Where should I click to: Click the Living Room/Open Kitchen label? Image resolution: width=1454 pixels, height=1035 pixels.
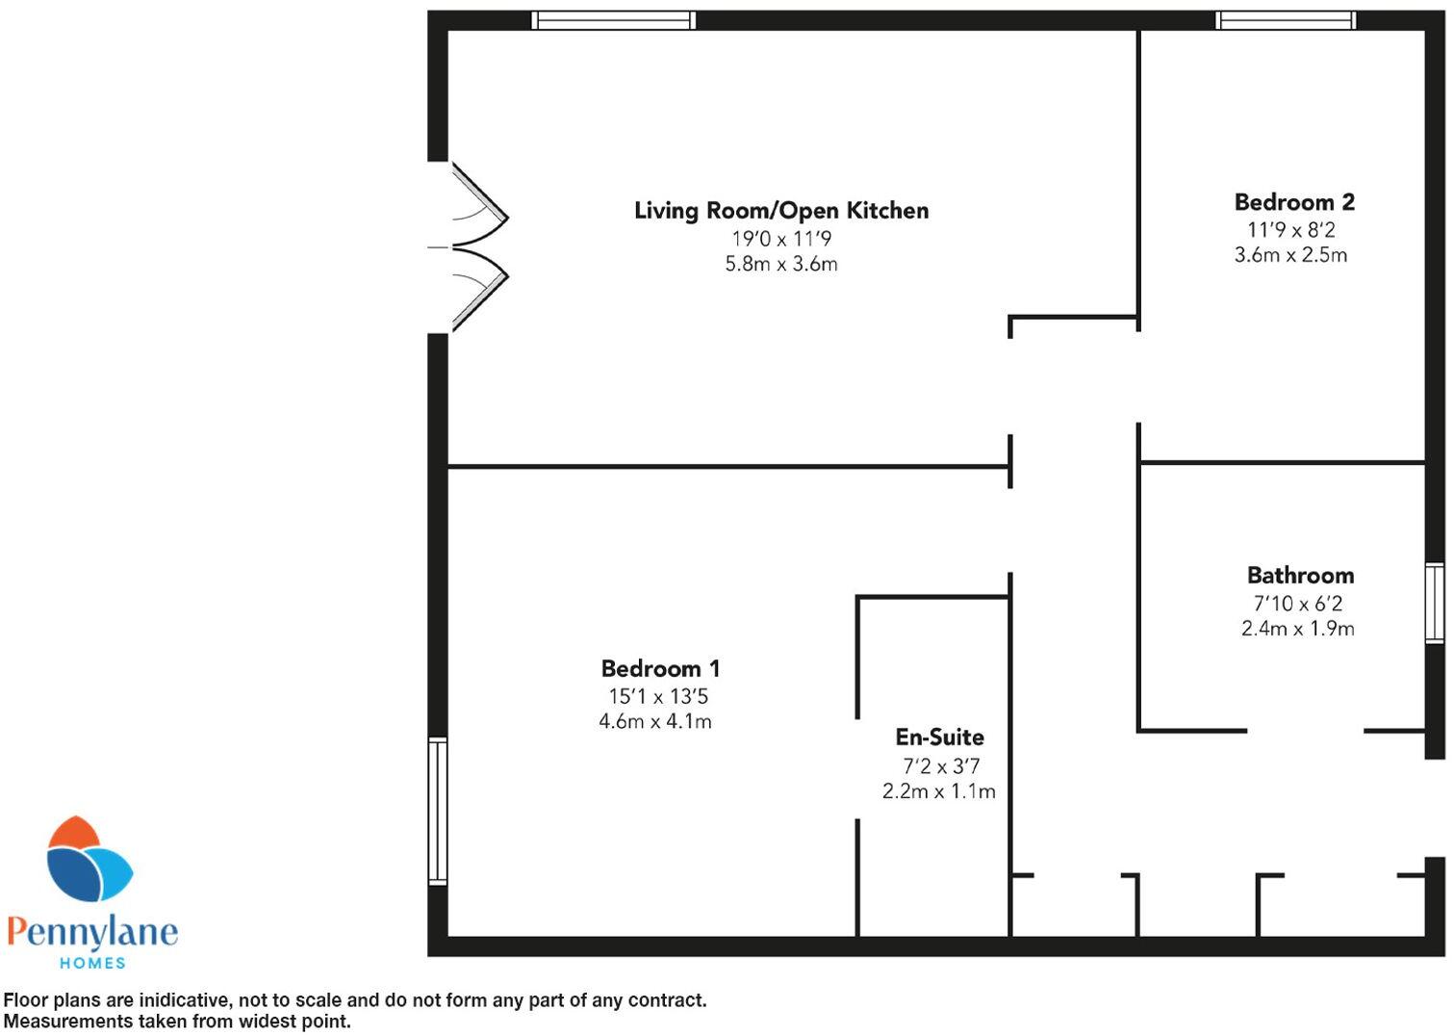point(781,211)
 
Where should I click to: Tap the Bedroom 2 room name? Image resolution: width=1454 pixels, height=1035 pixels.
point(1294,202)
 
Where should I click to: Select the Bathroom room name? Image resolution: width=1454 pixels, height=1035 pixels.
point(1300,576)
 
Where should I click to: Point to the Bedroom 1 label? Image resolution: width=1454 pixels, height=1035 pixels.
point(660,669)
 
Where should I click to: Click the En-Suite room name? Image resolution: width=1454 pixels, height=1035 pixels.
point(939,737)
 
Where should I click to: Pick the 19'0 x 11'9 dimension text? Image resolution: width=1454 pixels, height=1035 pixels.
point(781,239)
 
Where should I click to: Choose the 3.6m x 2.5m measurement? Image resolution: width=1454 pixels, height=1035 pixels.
point(1290,255)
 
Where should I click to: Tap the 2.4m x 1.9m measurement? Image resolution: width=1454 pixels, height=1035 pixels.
point(1297,629)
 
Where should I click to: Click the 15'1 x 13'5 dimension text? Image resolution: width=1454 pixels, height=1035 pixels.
point(658,697)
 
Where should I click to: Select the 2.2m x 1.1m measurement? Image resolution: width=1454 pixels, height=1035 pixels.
point(938,791)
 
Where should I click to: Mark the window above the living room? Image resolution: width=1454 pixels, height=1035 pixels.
point(613,20)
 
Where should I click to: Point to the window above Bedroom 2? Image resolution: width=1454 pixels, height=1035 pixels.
point(1285,20)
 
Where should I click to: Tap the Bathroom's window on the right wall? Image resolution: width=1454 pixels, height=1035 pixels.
point(1435,603)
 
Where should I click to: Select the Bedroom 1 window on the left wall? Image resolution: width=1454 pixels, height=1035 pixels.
point(438,811)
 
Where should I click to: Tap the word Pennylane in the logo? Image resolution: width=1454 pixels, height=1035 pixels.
point(92,931)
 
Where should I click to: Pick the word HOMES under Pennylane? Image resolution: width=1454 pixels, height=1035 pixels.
point(92,963)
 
